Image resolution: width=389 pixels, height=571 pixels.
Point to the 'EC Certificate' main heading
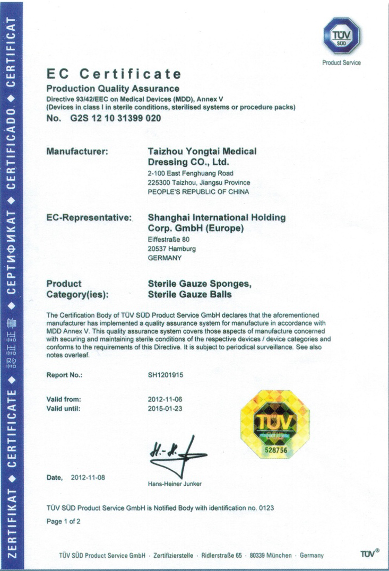click(114, 74)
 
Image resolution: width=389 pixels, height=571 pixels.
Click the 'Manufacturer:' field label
click(78, 152)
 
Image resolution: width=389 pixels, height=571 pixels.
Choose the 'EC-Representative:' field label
click(89, 217)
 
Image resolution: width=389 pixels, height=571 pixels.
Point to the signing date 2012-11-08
click(88, 477)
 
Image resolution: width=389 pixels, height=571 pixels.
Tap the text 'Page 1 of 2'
click(64, 521)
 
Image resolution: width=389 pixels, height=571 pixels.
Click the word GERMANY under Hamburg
click(165, 258)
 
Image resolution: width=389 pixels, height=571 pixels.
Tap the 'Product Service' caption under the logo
click(341, 63)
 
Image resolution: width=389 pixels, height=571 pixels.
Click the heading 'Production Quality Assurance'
click(113, 89)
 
